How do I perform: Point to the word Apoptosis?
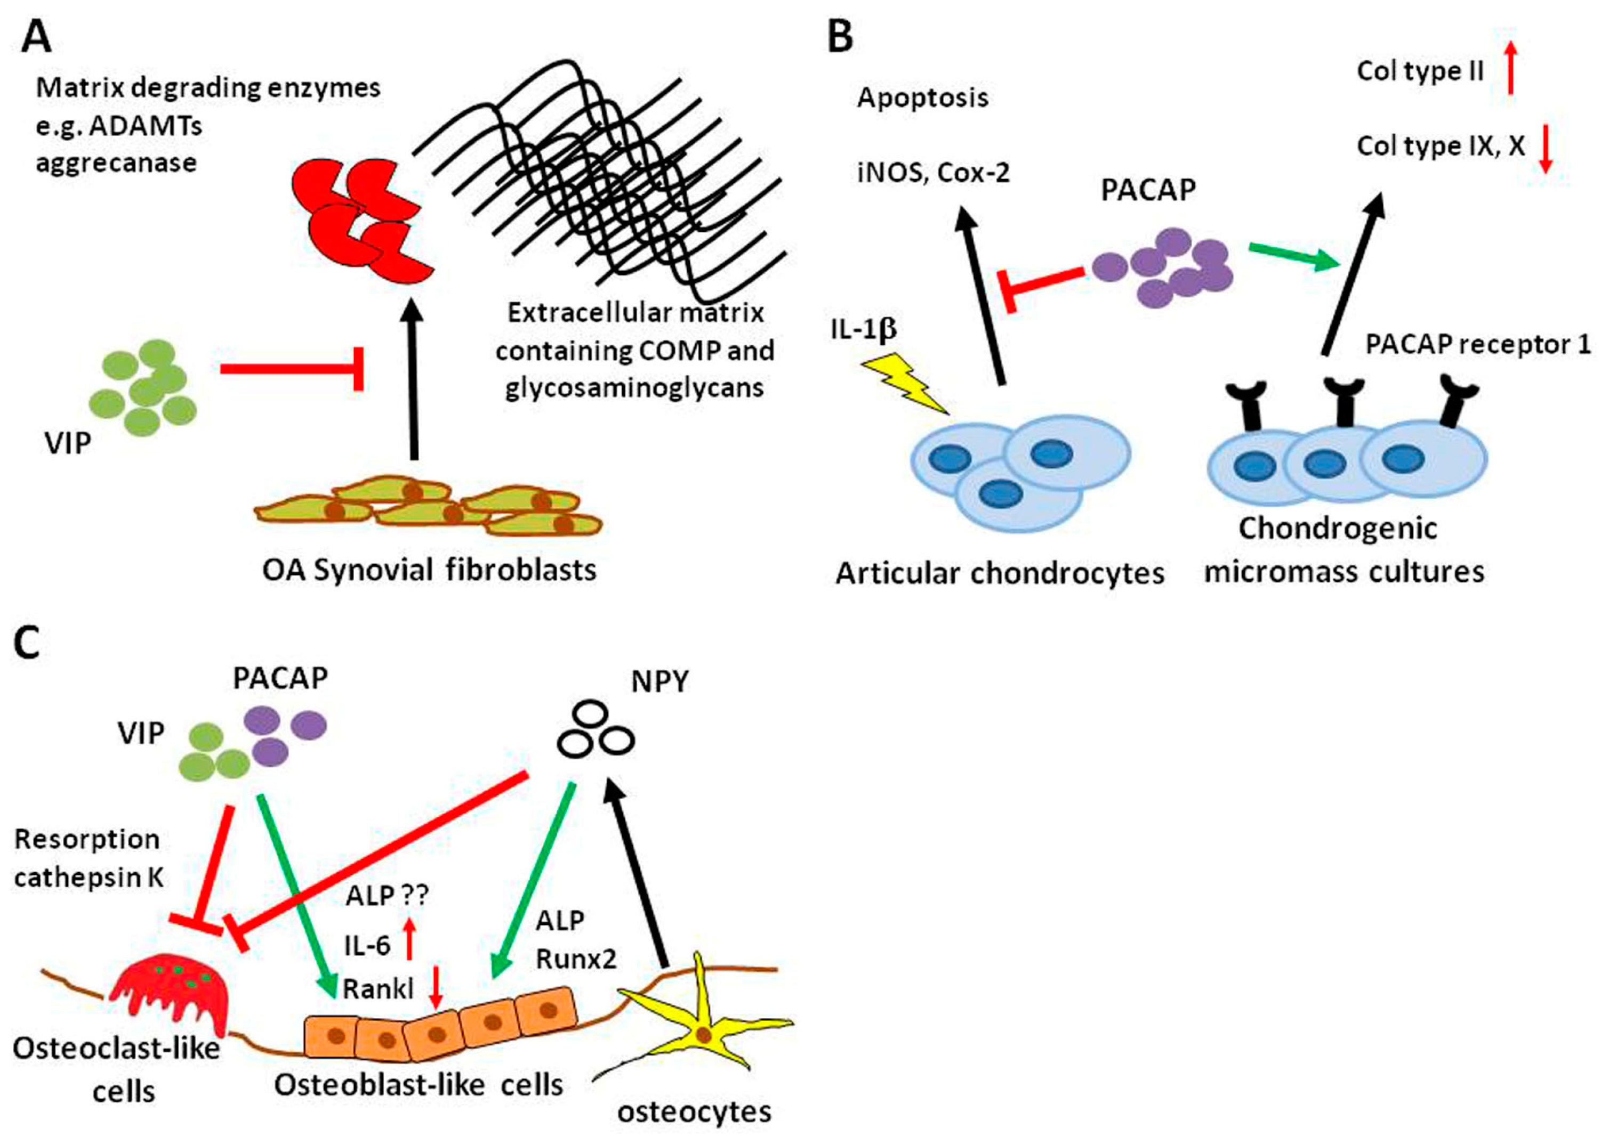click(922, 98)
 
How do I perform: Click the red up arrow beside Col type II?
click(1511, 67)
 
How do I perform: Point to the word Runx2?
click(576, 959)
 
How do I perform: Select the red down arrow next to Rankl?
click(436, 987)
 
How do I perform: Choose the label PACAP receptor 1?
click(1478, 345)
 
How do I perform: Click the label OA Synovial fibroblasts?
click(429, 571)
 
